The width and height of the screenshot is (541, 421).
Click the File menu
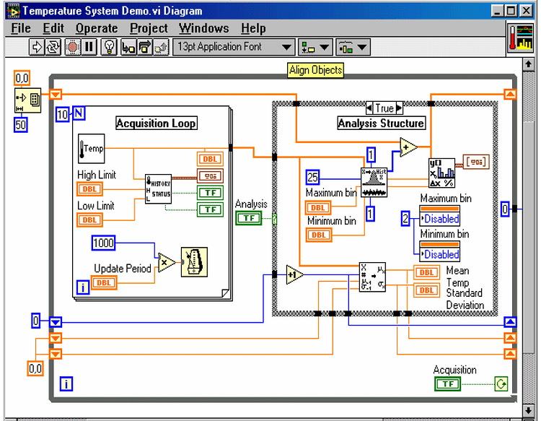click(x=21, y=29)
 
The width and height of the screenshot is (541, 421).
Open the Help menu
click(x=253, y=29)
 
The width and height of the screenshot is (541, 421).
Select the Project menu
click(x=149, y=29)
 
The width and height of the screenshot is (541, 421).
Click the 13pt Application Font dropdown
click(x=234, y=48)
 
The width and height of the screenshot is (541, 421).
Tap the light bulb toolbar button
click(x=109, y=48)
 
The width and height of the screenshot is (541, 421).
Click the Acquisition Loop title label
click(x=157, y=123)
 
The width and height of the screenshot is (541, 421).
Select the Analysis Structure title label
click(x=381, y=123)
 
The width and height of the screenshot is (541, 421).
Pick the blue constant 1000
click(x=103, y=243)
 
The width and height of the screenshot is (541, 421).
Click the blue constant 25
click(x=312, y=176)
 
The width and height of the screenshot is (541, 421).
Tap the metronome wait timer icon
click(x=194, y=261)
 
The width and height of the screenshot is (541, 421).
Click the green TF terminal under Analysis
click(x=249, y=218)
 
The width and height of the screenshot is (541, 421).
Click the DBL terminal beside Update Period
click(x=104, y=282)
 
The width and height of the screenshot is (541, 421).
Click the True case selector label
click(x=384, y=108)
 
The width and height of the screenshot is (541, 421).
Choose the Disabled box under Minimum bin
click(x=440, y=254)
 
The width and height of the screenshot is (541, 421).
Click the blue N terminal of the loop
click(x=79, y=113)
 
